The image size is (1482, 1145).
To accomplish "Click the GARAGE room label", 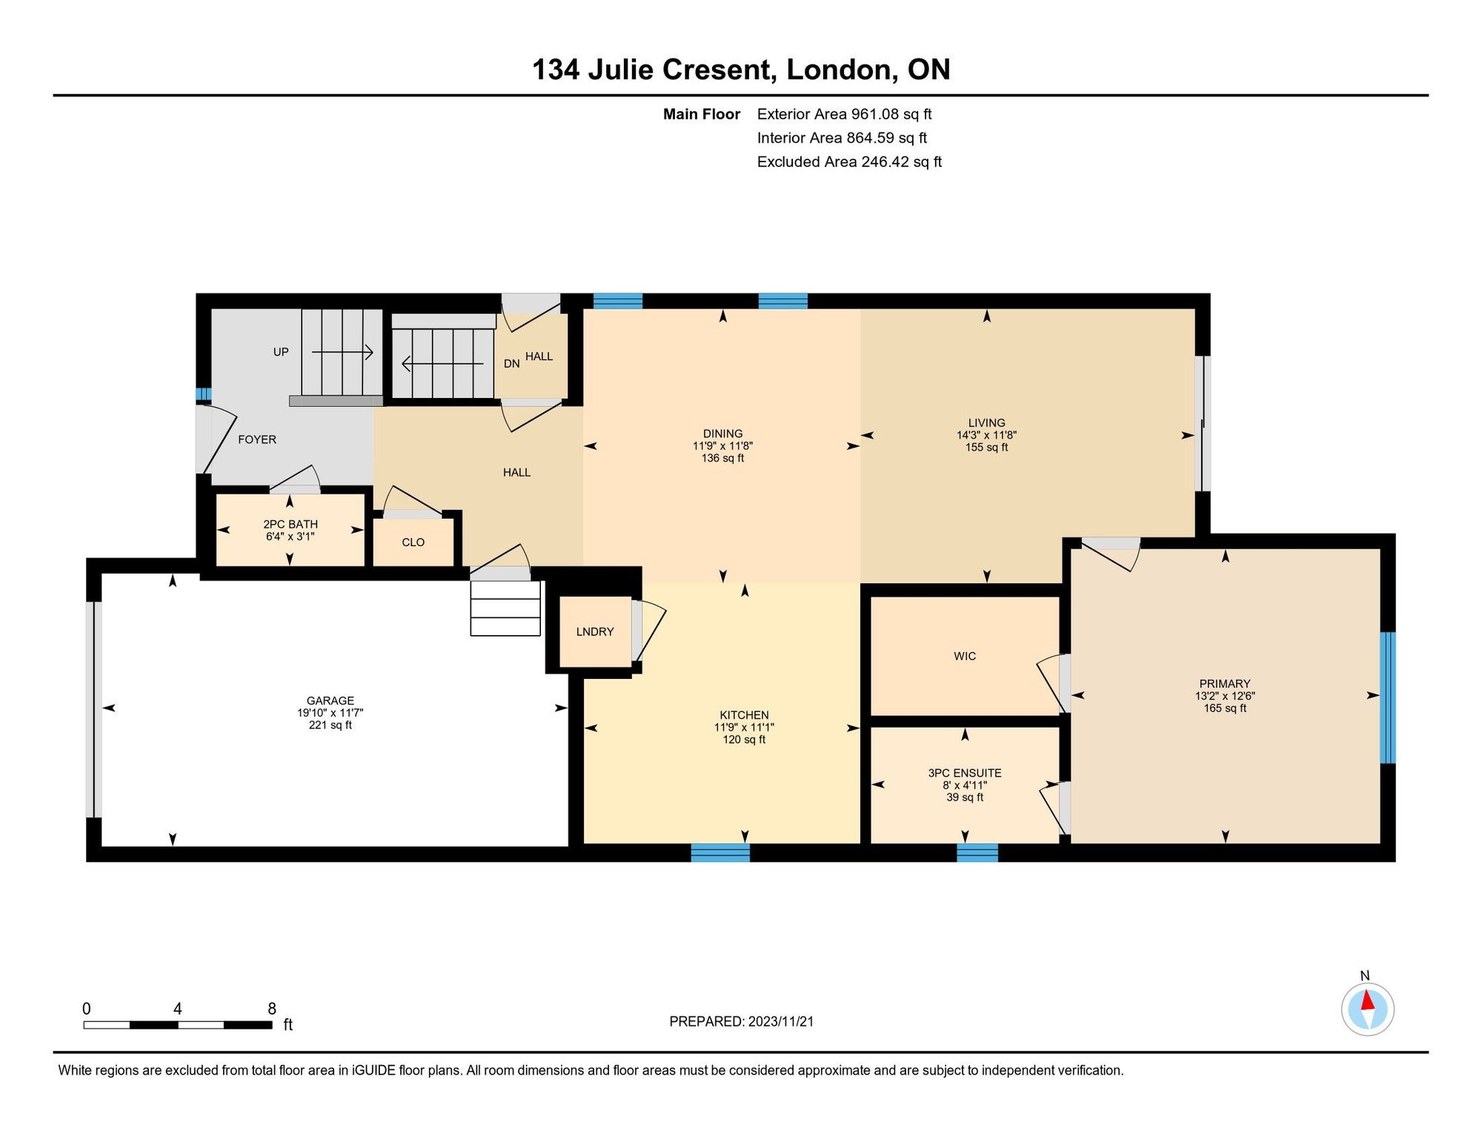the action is [x=330, y=700].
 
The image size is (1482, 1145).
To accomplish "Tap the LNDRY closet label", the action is [x=595, y=631].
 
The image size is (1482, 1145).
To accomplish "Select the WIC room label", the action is [x=965, y=656].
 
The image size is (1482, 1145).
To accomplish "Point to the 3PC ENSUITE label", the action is [x=965, y=773].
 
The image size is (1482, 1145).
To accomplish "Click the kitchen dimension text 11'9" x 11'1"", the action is [x=744, y=727].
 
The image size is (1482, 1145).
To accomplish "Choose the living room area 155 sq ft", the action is [x=986, y=448].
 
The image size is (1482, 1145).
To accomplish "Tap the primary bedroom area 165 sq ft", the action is [x=1225, y=708].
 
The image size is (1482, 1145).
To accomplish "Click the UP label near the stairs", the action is [x=281, y=352].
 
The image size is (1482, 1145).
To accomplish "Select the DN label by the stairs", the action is [x=512, y=364].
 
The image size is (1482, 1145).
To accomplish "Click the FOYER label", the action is [x=257, y=439].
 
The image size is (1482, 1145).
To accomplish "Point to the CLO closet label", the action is [x=413, y=542].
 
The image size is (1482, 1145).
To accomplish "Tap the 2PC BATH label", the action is [x=290, y=524].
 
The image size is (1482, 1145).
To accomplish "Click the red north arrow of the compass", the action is [x=1368, y=1000].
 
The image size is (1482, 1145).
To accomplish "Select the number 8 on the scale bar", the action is [x=272, y=1009].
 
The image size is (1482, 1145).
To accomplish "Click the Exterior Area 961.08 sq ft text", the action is [x=844, y=114].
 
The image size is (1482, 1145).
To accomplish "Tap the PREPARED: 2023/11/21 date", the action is [x=741, y=1021].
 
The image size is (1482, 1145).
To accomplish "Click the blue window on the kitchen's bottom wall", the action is [x=720, y=853].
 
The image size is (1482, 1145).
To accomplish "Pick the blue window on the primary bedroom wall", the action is [x=1388, y=697].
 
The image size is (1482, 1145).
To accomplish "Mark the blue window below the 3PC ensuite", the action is [x=977, y=853].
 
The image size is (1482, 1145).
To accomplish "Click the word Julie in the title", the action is [x=621, y=70].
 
